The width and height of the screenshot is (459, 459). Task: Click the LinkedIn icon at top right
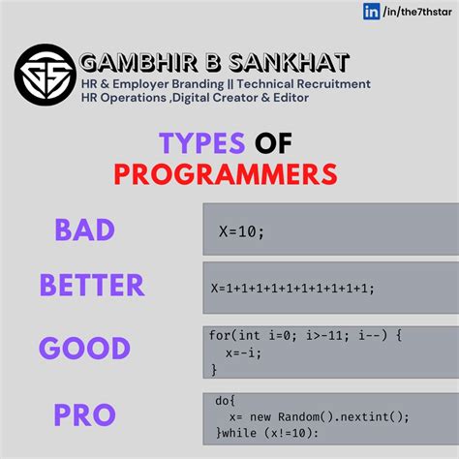click(371, 12)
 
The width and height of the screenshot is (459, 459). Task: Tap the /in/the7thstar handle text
click(417, 12)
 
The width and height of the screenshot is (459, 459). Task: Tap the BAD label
click(85, 229)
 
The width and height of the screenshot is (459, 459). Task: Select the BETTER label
click(92, 285)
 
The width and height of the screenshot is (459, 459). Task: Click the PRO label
click(86, 414)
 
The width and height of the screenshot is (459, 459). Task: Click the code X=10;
click(241, 233)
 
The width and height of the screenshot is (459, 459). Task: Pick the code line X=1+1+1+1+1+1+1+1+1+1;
click(291, 288)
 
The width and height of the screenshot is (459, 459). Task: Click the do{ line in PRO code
click(226, 399)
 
